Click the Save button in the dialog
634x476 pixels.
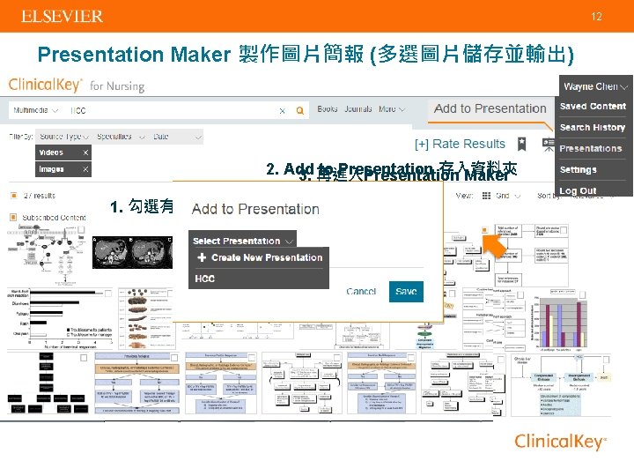pyautogui.click(x=406, y=292)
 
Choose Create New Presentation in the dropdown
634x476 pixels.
pyautogui.click(x=261, y=257)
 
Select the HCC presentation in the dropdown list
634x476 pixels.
pyautogui.click(x=204, y=279)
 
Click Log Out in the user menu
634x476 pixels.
pyautogui.click(x=578, y=190)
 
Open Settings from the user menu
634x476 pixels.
pyautogui.click(x=579, y=169)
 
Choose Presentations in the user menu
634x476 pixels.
pyautogui.click(x=590, y=148)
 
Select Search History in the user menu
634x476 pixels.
pyautogui.click(x=592, y=127)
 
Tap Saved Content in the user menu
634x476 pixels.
pyautogui.click(x=593, y=106)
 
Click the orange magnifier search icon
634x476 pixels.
pyautogui.click(x=299, y=111)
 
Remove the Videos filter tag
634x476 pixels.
pyautogui.click(x=85, y=152)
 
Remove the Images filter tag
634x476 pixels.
pyautogui.click(x=85, y=169)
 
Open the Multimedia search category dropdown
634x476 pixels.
pyautogui.click(x=40, y=111)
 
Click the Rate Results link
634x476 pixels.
pyautogui.click(x=460, y=144)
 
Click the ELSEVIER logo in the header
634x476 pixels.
pyautogui.click(x=62, y=17)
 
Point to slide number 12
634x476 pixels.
pyautogui.click(x=596, y=17)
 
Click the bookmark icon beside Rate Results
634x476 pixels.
pyautogui.click(x=522, y=143)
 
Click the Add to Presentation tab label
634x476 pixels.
pyautogui.click(x=490, y=108)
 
